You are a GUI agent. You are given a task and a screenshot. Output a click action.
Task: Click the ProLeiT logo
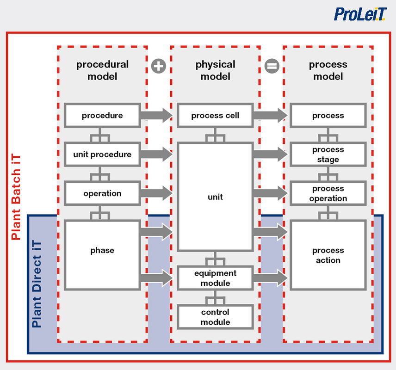360,14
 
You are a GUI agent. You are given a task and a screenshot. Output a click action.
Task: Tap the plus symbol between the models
159,66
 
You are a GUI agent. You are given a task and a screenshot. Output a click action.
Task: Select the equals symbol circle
272,66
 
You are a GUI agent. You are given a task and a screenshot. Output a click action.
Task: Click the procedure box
102,116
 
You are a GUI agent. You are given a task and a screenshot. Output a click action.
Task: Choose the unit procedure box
102,154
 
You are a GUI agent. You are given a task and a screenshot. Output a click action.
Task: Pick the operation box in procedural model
102,193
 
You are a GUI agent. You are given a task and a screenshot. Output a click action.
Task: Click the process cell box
215,116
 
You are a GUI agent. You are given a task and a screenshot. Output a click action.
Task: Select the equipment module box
215,278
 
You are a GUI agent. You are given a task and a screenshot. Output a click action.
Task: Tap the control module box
215,317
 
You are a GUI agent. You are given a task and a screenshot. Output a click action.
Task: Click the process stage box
328,154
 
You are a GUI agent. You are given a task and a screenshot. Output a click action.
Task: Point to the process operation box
328,193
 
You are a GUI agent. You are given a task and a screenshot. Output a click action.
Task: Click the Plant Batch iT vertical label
16,197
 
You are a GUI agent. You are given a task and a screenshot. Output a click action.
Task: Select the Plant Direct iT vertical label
37,284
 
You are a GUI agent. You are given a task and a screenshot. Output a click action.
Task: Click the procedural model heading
102,70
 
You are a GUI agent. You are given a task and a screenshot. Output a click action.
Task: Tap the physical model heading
215,70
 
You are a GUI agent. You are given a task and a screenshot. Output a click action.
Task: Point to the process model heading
328,70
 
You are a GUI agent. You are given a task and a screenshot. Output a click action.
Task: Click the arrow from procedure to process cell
156,116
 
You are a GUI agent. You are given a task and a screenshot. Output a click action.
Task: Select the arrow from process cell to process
271,116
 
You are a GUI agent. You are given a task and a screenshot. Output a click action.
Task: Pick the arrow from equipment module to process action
271,278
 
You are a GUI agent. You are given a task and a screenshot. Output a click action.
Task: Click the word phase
102,250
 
